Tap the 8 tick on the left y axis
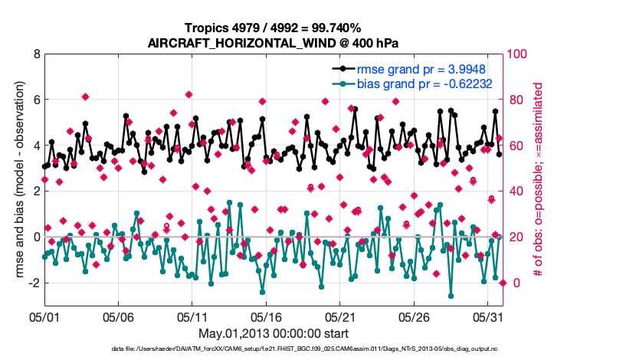tap(37, 54)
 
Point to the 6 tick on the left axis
tap(37, 100)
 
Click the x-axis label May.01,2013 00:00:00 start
tap(273, 333)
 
